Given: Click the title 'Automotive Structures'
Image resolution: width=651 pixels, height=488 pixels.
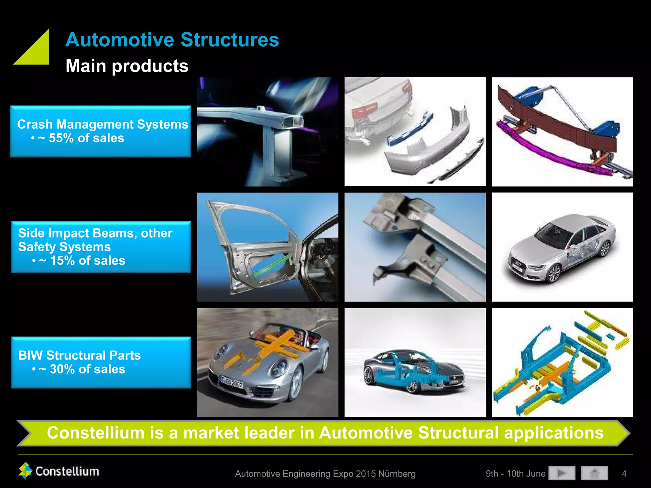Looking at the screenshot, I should tap(172, 40).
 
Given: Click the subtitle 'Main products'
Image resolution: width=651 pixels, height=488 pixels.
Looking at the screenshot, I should tap(127, 66).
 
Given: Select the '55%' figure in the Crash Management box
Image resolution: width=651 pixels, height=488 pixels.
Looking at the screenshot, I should tap(61, 138).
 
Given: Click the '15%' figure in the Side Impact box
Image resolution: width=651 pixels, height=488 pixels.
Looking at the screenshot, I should tap(62, 261).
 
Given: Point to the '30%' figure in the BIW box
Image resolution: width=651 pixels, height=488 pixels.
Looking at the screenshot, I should tap(62, 369).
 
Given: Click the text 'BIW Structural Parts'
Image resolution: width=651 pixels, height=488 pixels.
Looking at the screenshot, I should tap(79, 355).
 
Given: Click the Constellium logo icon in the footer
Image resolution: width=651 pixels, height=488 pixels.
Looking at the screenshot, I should tap(25, 471).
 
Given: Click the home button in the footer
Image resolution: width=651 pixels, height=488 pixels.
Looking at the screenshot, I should tap(594, 473).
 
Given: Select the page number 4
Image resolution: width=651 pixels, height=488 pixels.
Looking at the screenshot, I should tap(624, 474).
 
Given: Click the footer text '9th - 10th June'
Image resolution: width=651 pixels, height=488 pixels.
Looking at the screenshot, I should tap(515, 474).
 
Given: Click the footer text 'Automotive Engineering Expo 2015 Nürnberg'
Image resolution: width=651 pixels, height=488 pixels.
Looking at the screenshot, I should tap(325, 474).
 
